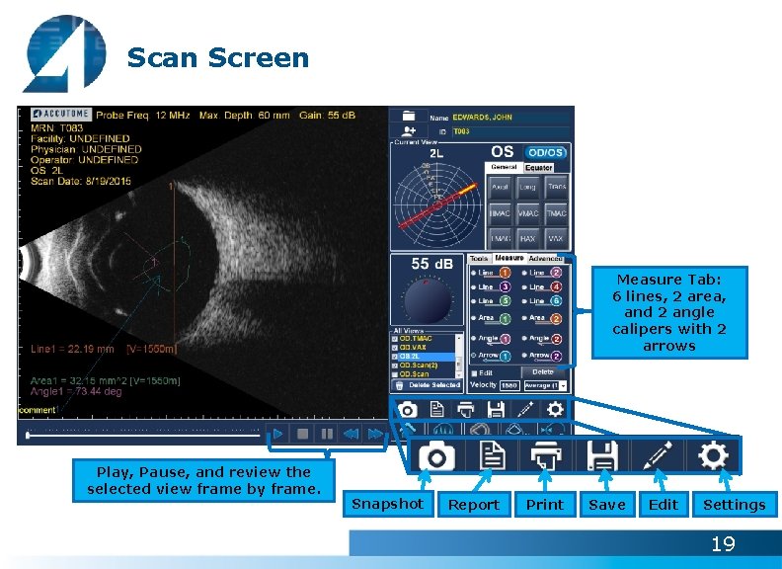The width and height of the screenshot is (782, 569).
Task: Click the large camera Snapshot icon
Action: tap(435, 457)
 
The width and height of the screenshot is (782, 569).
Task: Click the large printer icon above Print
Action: tap(546, 456)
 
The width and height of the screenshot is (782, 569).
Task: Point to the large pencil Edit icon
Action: tap(658, 456)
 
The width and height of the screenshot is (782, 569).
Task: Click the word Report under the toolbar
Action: tap(474, 505)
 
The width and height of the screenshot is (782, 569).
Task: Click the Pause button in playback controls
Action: tap(327, 434)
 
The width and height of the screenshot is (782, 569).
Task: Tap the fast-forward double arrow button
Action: tap(375, 434)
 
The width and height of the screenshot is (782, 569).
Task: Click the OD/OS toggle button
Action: tap(545, 153)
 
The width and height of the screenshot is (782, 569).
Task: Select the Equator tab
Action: tap(539, 168)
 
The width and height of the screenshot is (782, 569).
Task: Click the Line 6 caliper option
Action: tap(544, 300)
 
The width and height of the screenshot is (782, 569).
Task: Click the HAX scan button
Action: tap(528, 238)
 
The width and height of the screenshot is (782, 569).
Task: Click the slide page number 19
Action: tap(724, 543)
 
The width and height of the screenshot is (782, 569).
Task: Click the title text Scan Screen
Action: tap(218, 58)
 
